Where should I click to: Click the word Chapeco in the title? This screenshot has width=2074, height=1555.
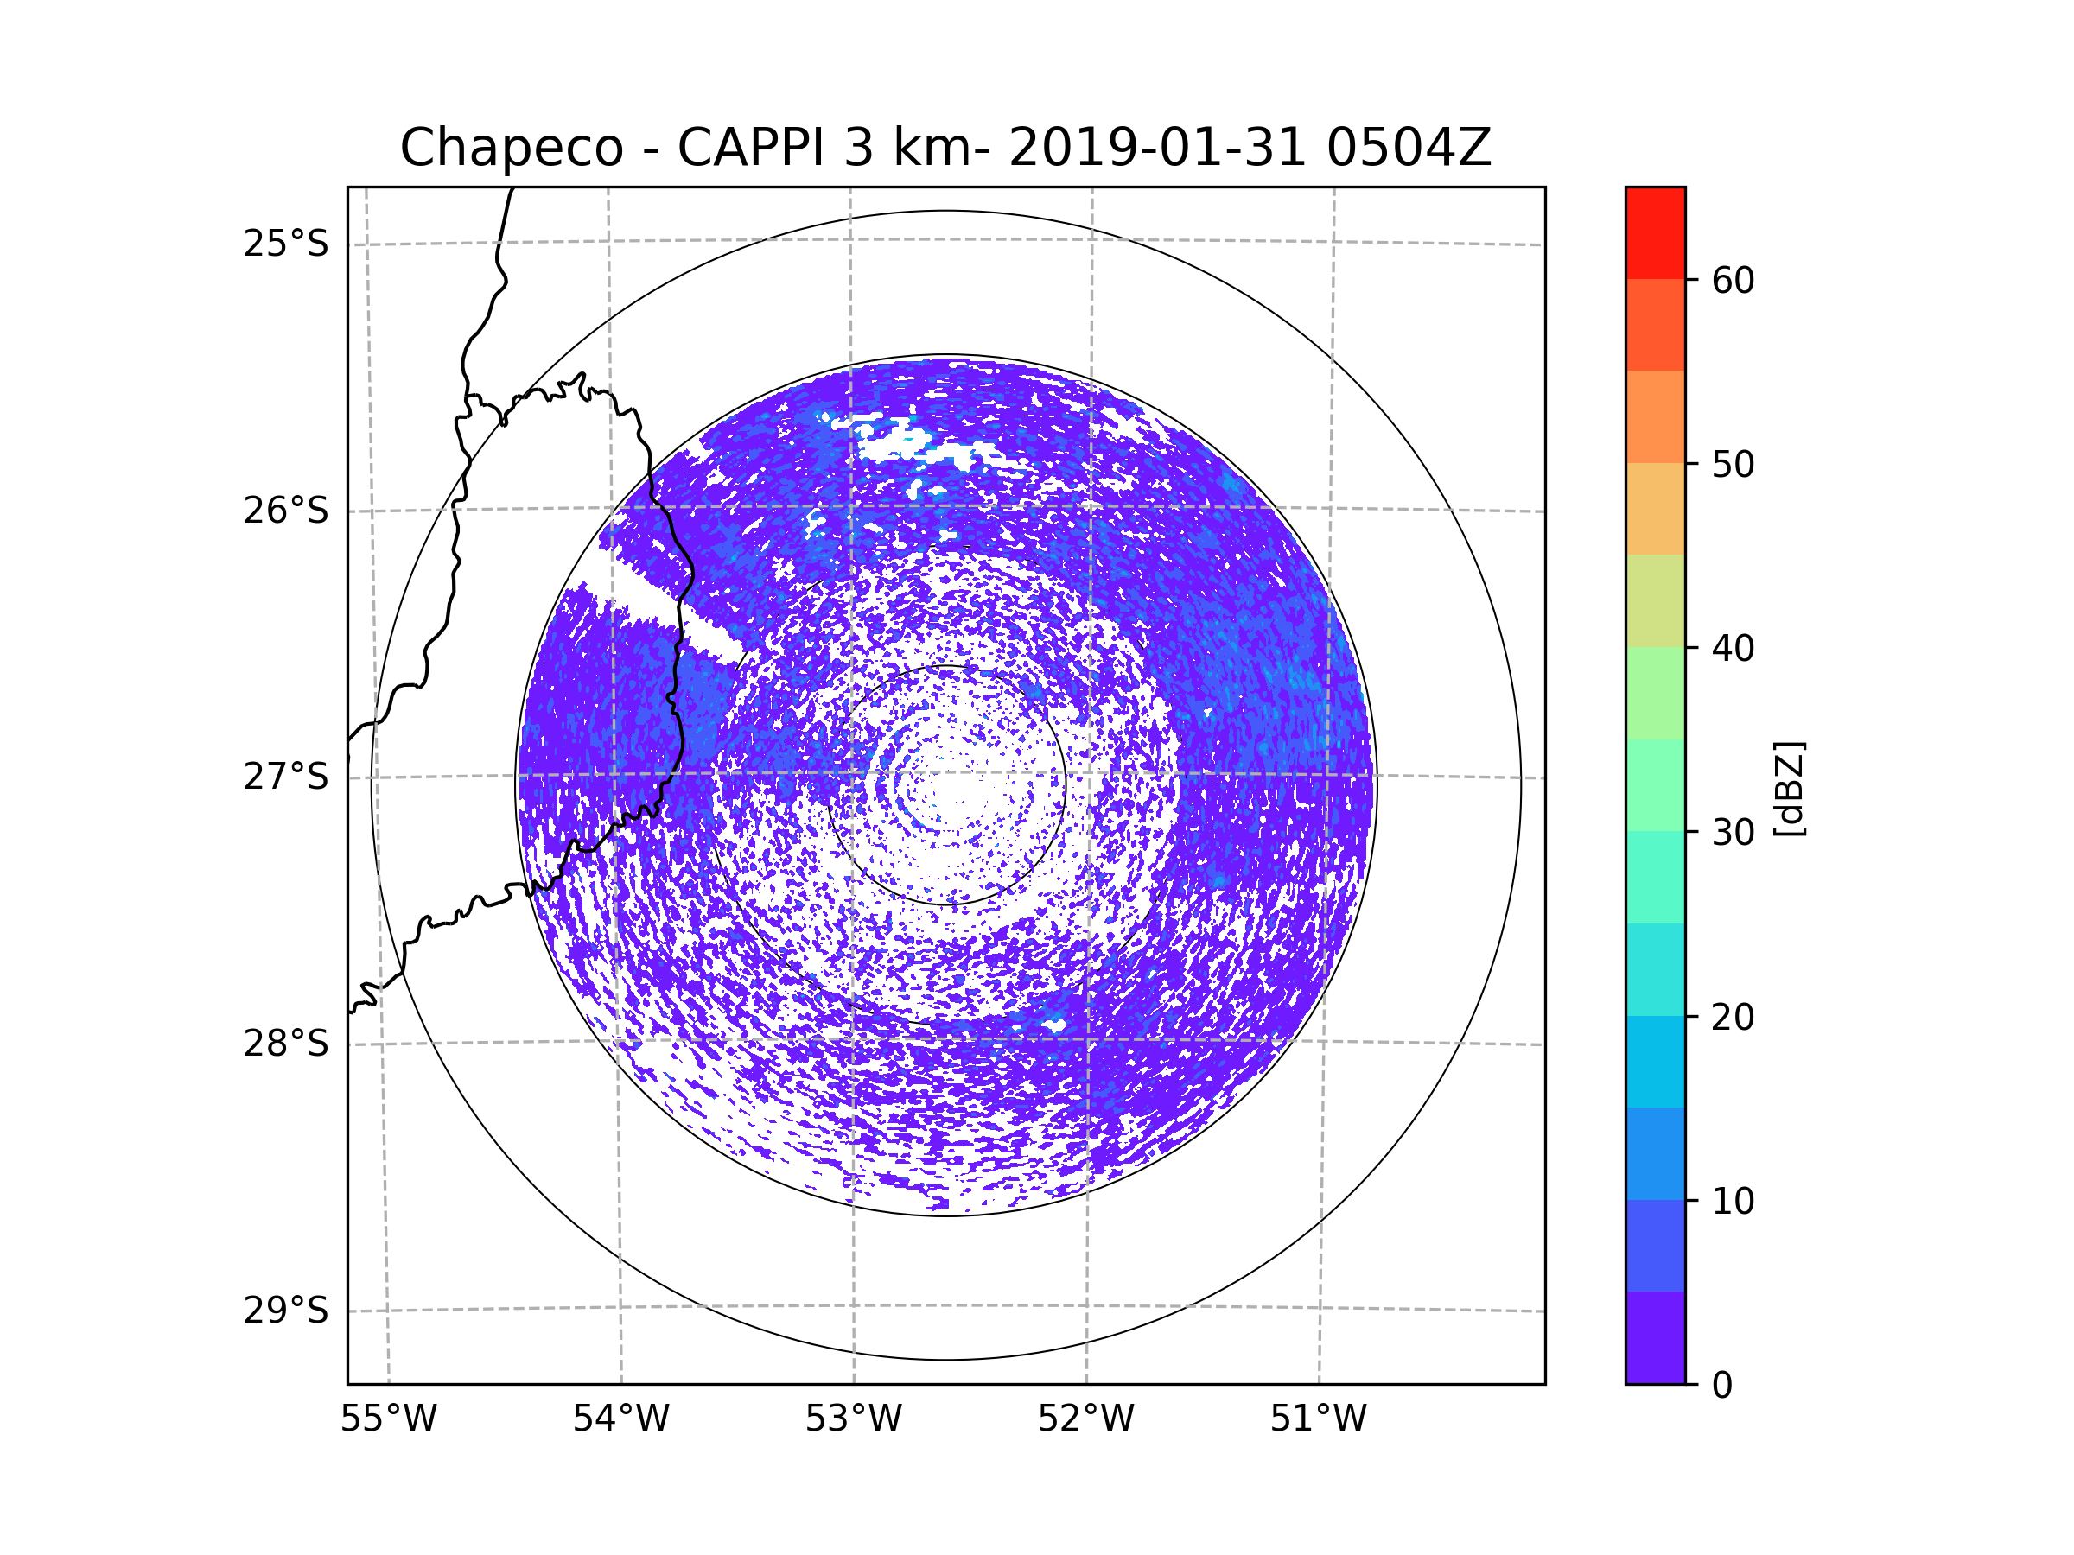point(511,148)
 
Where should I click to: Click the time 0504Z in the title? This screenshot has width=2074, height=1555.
point(1409,148)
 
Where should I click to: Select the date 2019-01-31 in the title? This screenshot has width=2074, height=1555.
point(1157,148)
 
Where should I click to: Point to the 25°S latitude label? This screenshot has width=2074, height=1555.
point(286,244)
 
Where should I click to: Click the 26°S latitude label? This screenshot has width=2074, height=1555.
point(286,511)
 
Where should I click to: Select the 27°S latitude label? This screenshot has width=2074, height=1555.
point(286,777)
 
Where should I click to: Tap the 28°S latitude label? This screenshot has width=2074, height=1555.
point(286,1044)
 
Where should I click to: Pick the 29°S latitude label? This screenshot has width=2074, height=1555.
point(286,1311)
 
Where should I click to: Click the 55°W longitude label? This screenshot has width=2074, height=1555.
point(388,1419)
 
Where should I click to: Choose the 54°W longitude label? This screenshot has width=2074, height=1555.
point(620,1419)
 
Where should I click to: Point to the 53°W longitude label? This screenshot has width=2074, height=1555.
point(853,1419)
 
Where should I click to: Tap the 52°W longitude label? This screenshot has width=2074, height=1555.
point(1085,1419)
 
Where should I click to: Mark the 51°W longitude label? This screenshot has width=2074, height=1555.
point(1318,1419)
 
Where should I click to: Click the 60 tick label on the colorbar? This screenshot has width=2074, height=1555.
point(1733,280)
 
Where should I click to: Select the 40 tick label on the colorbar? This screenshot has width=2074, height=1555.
point(1733,649)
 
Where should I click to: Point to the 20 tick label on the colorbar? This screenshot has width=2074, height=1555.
point(1733,1017)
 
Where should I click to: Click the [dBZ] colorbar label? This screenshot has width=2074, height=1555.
point(1789,788)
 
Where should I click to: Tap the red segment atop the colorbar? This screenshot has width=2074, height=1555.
point(1655,232)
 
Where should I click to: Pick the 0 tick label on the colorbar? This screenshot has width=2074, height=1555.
point(1722,1386)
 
